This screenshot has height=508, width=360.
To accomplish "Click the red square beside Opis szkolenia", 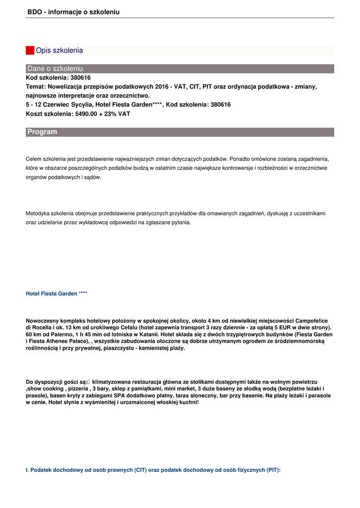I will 30,50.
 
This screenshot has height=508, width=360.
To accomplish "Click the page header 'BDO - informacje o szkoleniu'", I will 73,12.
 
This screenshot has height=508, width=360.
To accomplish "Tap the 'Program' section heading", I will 42,132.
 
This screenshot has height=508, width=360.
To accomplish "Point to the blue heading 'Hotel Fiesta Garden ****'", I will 57,294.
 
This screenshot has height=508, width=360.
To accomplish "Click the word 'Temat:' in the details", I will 35,86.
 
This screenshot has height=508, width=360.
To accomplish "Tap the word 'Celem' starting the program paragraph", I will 33,159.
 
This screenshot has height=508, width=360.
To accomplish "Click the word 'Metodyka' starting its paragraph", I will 37,213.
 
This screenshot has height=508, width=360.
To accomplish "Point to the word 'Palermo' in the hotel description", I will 57,335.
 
